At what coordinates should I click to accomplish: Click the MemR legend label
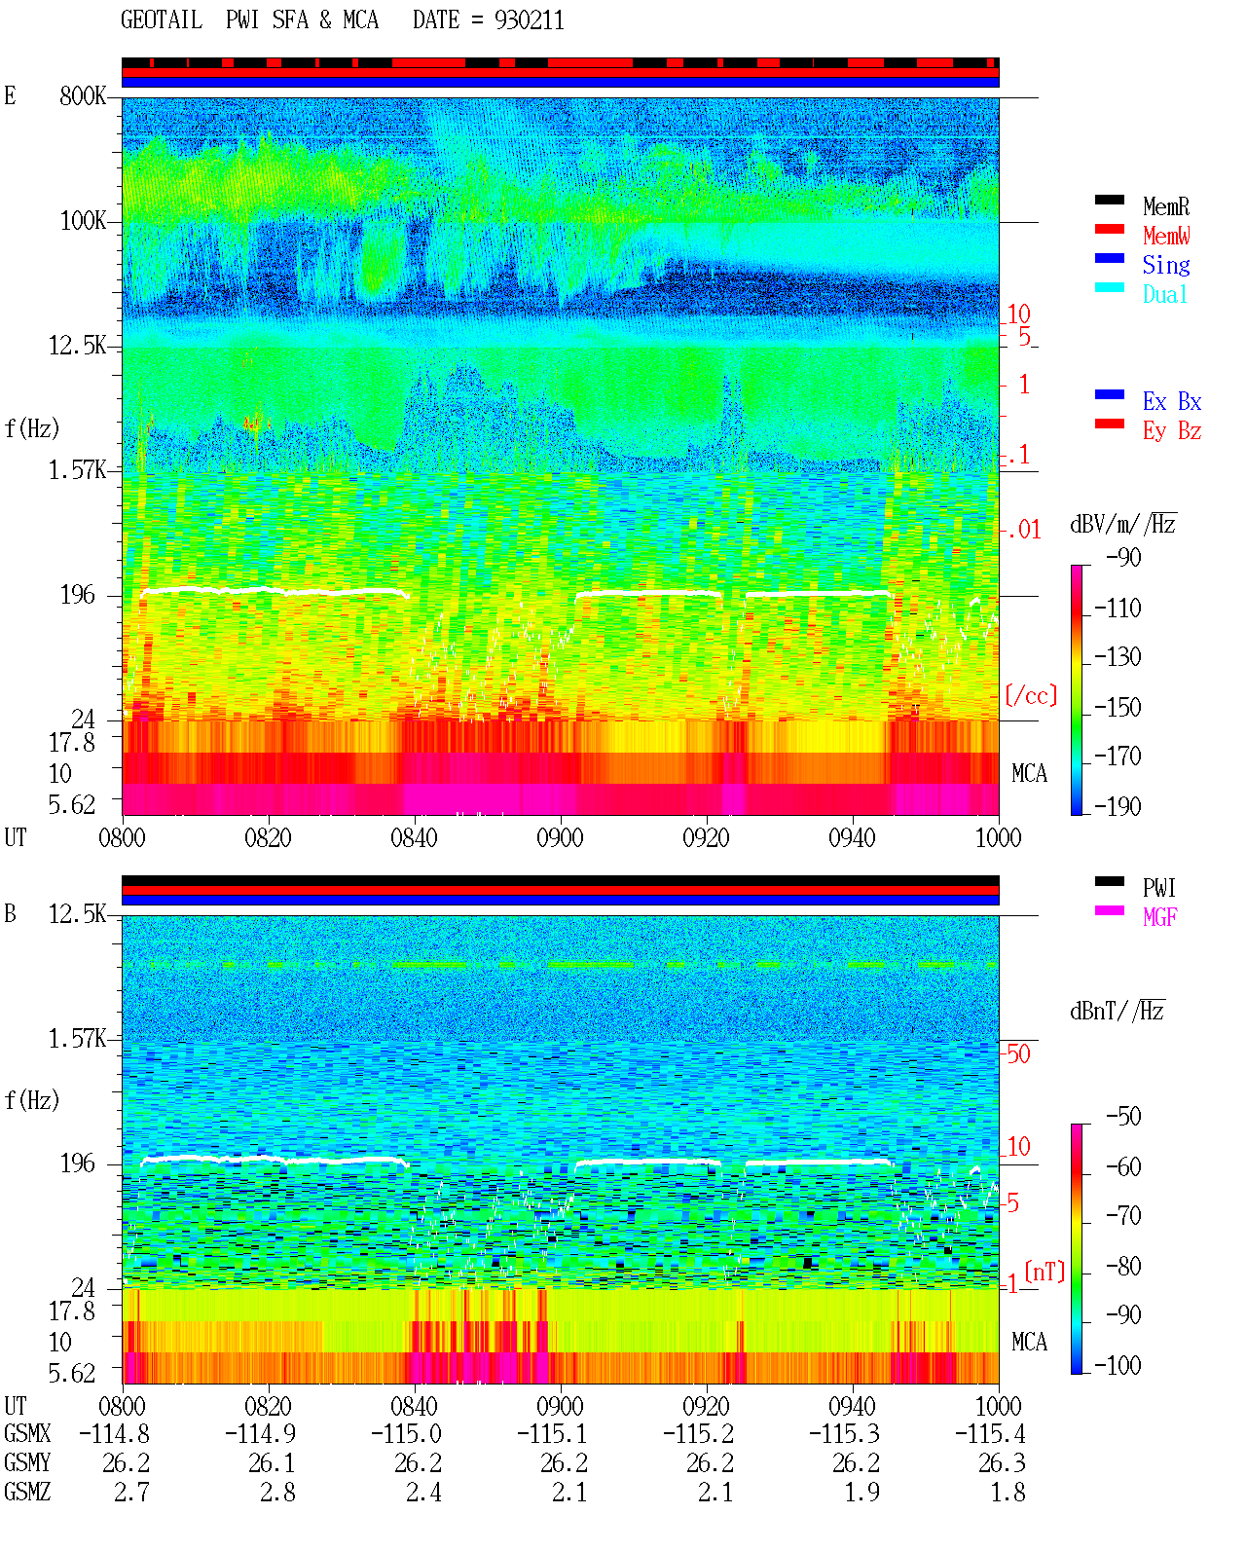1165,206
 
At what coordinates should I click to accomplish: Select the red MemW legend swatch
1109,229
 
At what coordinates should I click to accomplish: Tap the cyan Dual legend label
1164,294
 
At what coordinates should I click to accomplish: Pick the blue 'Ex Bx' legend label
1172,401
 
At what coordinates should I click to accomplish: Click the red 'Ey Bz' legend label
1172,431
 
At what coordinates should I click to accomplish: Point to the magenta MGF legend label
1159,917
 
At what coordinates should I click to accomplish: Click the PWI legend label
1158,888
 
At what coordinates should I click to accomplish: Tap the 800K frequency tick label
82,95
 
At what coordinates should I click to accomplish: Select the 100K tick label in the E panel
82,221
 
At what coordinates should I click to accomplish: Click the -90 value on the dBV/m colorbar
1122,558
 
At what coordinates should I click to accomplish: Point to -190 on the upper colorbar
1117,806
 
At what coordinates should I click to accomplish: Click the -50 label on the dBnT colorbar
1122,1117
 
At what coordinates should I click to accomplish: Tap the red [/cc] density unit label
1031,695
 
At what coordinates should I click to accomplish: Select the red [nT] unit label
1044,1272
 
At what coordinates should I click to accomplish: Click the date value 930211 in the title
529,20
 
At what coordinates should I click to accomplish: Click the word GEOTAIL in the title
162,20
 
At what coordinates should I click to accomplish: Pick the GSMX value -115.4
990,1434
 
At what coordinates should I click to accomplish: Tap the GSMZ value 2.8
277,1492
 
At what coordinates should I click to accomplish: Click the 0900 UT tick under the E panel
560,838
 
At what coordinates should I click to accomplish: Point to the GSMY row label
27,1463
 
